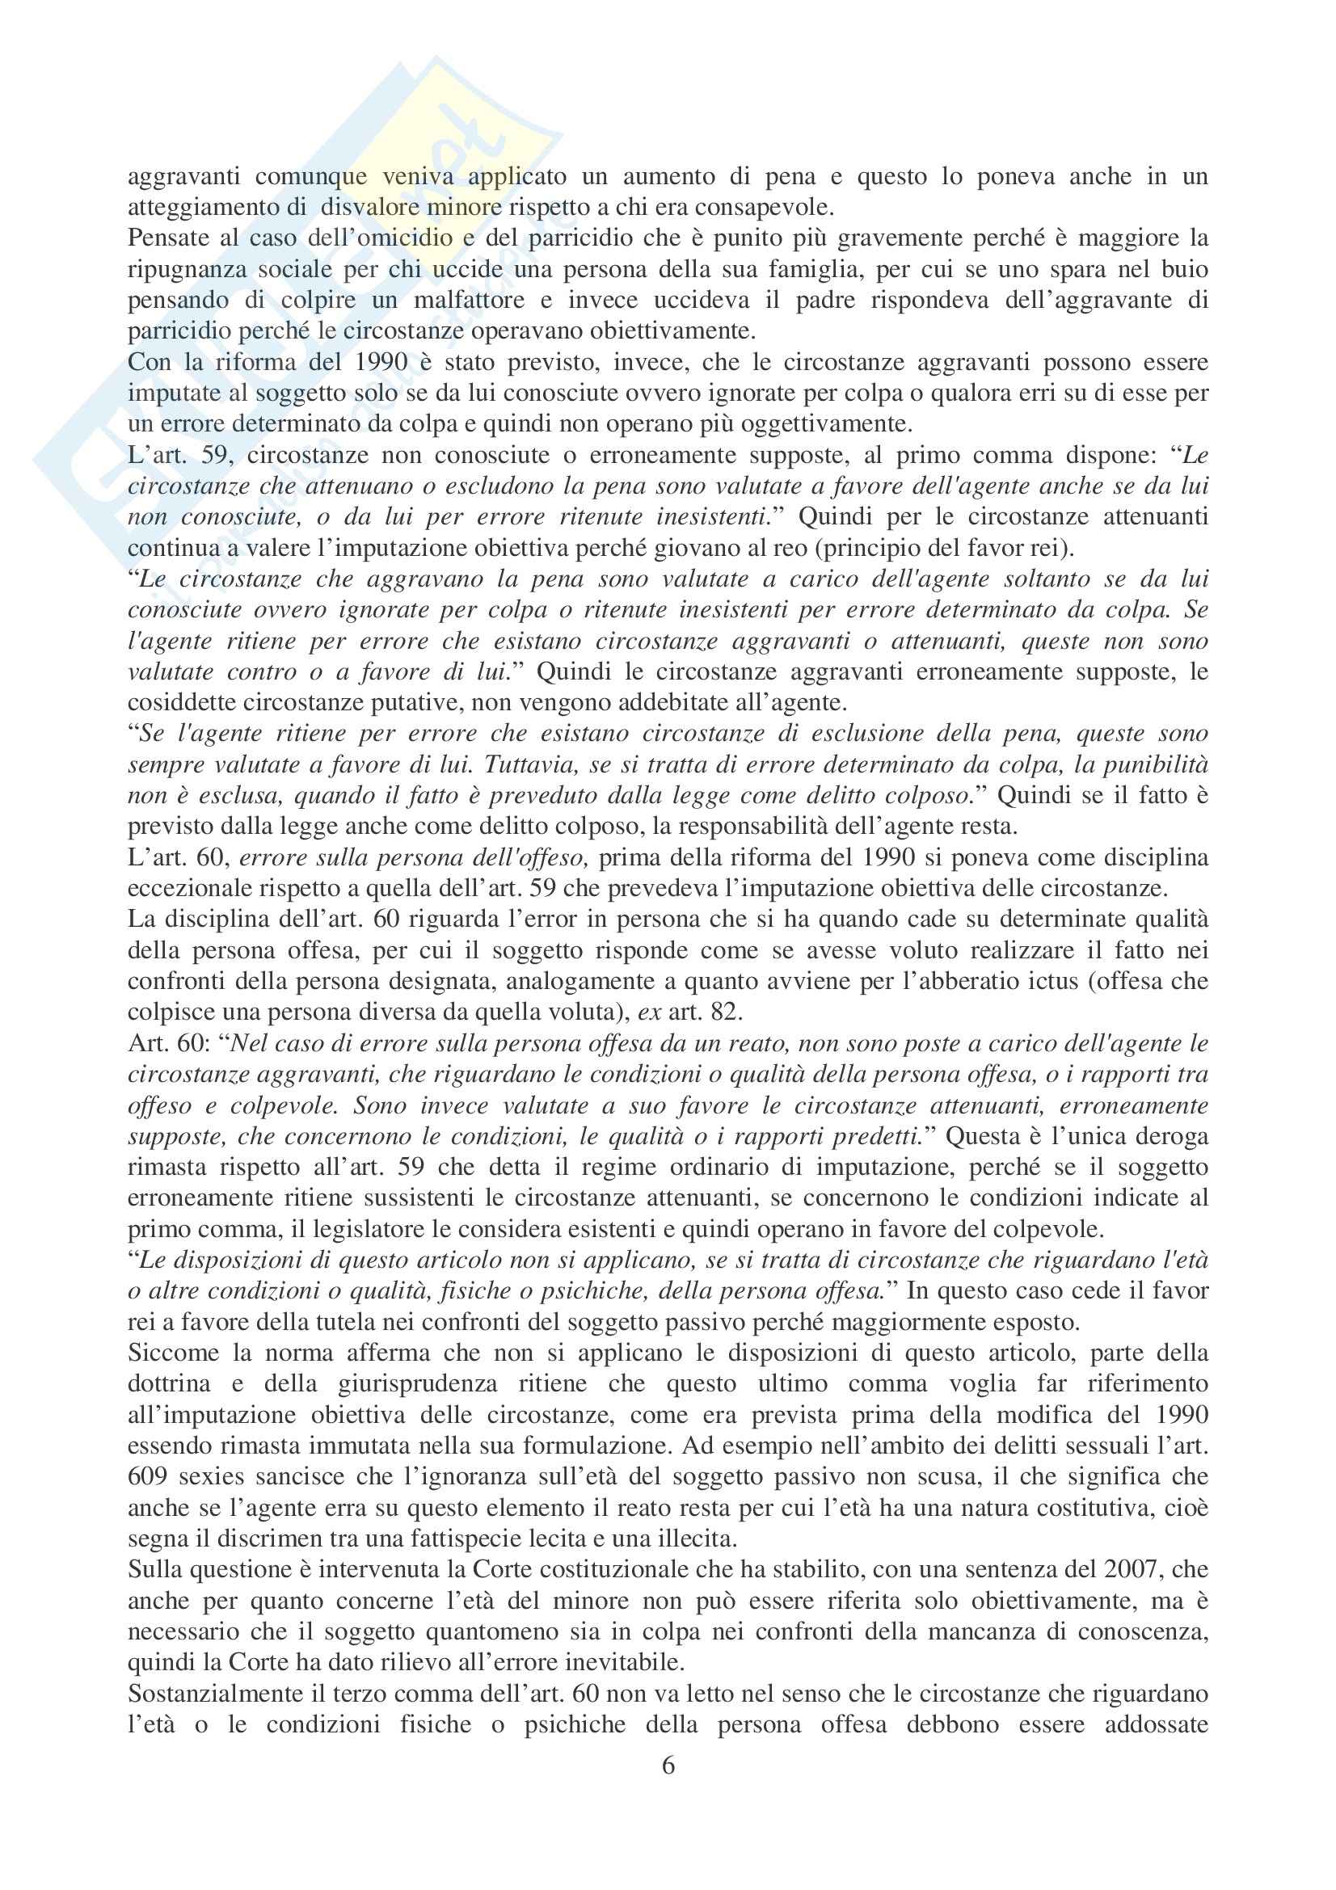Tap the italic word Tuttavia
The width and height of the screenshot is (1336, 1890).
(525, 764)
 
